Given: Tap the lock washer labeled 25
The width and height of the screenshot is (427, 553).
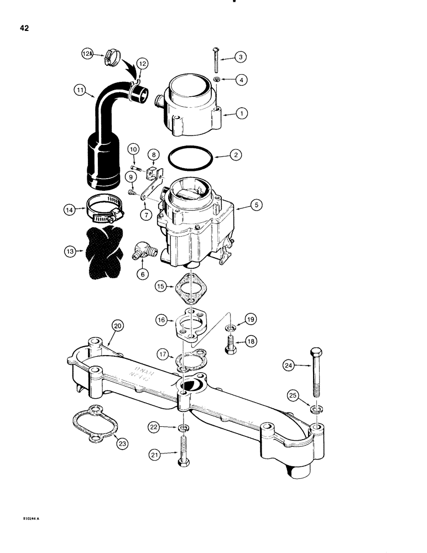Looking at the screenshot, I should pos(315,410).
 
